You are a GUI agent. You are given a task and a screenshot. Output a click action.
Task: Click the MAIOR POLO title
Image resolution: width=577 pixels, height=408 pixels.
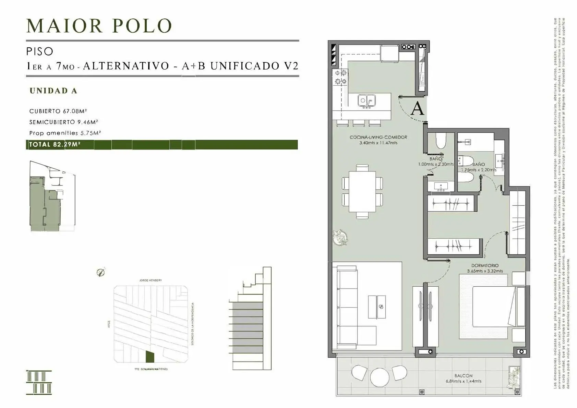(x=99, y=26)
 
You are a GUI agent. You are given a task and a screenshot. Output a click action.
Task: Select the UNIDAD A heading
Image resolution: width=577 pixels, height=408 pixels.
(x=53, y=91)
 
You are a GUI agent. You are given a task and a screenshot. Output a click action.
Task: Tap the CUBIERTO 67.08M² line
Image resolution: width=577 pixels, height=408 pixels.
(x=58, y=111)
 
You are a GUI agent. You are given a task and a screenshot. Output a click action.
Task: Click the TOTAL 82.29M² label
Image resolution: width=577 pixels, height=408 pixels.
(x=55, y=144)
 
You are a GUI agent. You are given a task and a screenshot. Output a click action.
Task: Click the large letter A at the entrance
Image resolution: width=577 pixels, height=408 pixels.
(x=417, y=109)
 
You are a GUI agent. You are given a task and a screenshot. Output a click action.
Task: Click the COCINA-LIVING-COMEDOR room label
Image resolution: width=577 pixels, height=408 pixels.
(x=378, y=137)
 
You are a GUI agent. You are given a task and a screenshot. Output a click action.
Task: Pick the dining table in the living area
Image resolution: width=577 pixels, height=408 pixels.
(x=362, y=192)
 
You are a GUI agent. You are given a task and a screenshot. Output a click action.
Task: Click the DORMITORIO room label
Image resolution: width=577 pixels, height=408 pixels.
(x=485, y=266)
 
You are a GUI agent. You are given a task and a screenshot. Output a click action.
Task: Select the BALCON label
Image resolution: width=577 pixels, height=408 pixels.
(x=464, y=376)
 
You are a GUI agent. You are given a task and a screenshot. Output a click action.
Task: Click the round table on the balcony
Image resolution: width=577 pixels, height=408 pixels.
(x=380, y=377)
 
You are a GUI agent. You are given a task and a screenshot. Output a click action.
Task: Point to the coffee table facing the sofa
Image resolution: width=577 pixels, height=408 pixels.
(x=377, y=307)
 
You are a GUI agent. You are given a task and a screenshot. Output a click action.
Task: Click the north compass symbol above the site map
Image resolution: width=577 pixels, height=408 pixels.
(x=100, y=273)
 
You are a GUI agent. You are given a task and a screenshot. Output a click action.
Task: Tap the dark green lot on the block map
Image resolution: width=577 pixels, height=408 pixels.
(x=149, y=357)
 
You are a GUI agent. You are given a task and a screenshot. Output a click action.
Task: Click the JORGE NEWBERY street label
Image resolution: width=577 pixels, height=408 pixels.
(x=151, y=280)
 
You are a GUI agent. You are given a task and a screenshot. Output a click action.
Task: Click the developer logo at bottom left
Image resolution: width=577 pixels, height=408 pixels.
(x=39, y=382)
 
